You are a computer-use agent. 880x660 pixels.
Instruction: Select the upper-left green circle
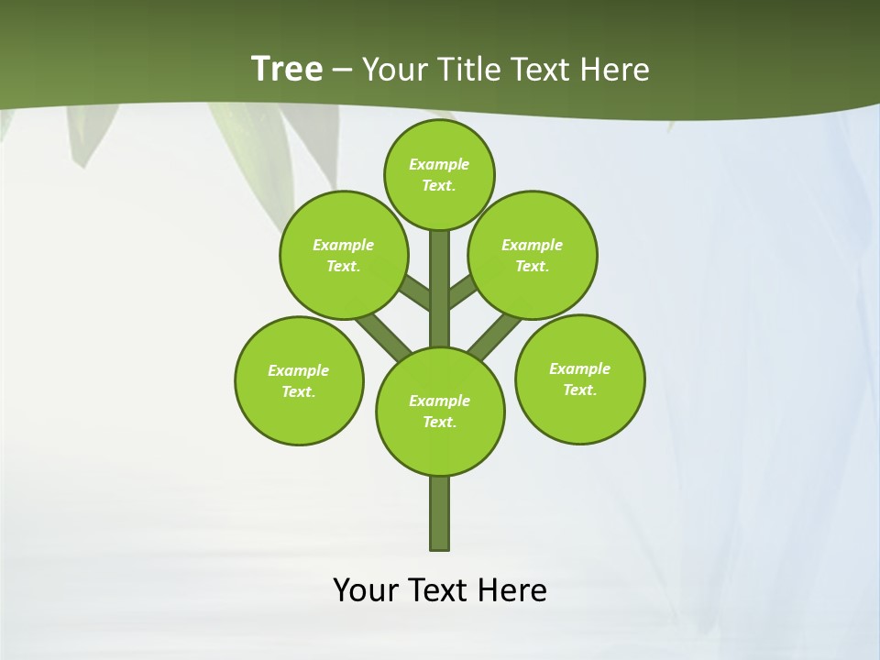tap(344, 255)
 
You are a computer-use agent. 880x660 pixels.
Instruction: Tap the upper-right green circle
tap(533, 255)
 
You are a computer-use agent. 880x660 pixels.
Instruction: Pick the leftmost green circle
tap(299, 380)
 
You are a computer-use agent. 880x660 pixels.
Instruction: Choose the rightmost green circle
tap(580, 379)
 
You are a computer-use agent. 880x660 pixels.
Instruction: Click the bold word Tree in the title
tap(287, 69)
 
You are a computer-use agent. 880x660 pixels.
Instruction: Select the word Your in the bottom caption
tap(366, 589)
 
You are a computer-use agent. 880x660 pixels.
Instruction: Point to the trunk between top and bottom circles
tap(440, 289)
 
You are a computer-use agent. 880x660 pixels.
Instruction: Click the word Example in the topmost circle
tap(439, 164)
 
